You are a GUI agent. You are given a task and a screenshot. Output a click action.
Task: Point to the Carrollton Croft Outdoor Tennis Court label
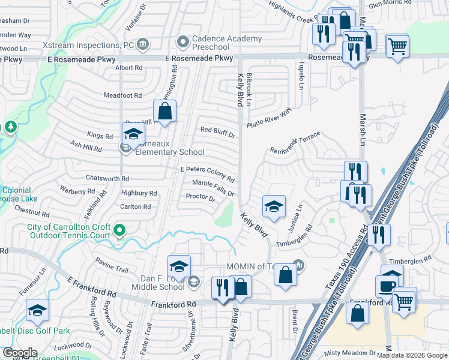(x=69, y=231)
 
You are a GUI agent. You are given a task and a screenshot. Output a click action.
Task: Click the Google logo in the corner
(x=20, y=353)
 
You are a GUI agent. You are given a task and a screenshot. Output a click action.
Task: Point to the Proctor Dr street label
(x=200, y=197)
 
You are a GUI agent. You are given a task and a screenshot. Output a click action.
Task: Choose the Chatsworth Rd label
(x=107, y=178)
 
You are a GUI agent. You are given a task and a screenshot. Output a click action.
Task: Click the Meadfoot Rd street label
(x=122, y=95)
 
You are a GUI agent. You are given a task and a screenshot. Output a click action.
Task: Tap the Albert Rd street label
(x=128, y=68)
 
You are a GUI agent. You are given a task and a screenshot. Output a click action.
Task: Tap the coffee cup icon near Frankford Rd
(x=387, y=284)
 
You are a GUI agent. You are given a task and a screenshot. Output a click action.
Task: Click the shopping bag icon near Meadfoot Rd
(x=164, y=111)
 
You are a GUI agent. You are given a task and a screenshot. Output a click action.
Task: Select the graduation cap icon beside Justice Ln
(x=274, y=207)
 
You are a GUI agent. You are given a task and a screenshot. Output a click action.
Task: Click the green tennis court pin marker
(x=119, y=230)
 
